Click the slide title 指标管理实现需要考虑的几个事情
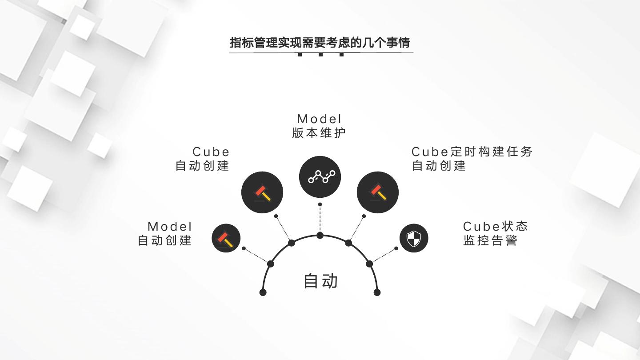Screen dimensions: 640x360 pos(320,43)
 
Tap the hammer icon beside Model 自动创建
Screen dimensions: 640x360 pos(226,238)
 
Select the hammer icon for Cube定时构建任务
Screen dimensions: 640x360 pos(378,192)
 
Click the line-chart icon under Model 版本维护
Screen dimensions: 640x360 pos(320,177)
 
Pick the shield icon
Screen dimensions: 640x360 pos(414,238)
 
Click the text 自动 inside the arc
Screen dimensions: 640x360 pos(320,281)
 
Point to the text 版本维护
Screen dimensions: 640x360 pos(319,133)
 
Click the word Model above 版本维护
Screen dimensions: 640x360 pos(320,119)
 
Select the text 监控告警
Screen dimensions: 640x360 pos(490,240)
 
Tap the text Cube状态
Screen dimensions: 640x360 pos(495,226)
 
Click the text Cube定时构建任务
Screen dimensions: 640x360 pos(472,152)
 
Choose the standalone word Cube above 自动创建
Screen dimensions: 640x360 pos(211,152)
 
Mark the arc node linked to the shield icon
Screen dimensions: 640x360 pos(369,264)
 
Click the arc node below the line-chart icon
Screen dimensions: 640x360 pos(320,235)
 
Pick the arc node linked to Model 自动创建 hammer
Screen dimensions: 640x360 pos(271,264)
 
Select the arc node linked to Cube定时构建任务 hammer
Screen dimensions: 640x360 pos(348,243)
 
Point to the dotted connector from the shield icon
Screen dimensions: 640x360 pos(383,256)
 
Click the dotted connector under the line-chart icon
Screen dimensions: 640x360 pos(320,220)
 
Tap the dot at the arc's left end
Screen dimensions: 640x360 pos(263,292)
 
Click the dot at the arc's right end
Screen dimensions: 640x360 pos(377,292)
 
